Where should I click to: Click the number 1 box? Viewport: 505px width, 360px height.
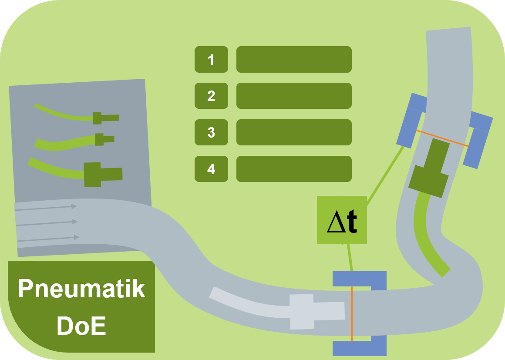[211, 59]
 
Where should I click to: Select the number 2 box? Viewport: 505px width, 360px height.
[211, 96]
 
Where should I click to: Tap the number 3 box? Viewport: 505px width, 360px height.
[211, 132]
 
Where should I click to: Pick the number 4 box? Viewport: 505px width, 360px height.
[211, 169]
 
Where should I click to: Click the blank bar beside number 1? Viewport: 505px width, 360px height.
[294, 59]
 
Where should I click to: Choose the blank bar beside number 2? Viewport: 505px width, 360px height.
[294, 96]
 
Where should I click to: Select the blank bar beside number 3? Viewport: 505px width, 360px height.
[294, 132]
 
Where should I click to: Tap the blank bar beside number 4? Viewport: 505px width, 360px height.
[294, 169]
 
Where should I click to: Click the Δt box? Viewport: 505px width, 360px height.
[342, 220]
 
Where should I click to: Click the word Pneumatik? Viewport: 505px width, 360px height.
[82, 288]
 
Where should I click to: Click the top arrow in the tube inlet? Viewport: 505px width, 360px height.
[46, 208]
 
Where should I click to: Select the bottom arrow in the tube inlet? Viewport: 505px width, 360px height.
[48, 239]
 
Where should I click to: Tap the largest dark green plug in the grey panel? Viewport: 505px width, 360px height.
[103, 175]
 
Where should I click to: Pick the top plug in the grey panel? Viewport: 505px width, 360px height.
[106, 118]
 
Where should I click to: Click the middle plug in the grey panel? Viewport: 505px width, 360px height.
[104, 139]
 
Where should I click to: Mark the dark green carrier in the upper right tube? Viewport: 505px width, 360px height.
[429, 168]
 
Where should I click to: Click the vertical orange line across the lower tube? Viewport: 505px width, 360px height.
[352, 313]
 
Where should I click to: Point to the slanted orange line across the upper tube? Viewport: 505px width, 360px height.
[442, 138]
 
